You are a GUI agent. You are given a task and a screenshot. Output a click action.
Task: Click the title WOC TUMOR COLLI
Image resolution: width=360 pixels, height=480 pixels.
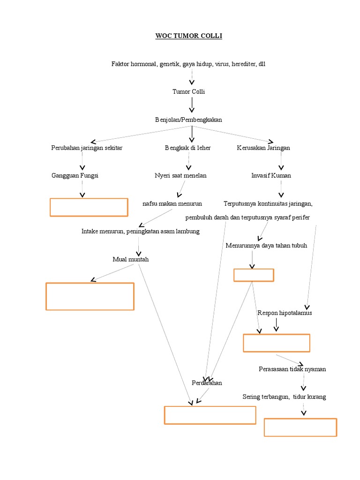188,37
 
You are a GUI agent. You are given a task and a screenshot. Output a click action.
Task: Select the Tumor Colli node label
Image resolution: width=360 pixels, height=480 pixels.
188,91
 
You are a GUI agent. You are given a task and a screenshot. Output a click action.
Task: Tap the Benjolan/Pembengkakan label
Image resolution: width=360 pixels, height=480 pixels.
188,120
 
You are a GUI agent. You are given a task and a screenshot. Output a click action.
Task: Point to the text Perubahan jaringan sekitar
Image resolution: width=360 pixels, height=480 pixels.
87,148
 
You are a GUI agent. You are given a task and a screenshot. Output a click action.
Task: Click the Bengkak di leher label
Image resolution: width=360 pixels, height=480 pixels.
187,148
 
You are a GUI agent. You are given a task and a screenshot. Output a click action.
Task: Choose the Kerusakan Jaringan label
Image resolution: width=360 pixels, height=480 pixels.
263,148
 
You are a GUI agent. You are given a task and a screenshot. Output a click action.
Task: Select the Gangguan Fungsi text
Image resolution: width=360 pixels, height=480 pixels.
75,175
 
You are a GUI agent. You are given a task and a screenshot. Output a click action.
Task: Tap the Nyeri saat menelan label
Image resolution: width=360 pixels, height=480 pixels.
180,175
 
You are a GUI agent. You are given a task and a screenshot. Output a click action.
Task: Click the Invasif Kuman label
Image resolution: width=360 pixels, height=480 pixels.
271,175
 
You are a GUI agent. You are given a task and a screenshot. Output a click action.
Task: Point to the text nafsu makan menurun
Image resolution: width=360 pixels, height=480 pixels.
172,203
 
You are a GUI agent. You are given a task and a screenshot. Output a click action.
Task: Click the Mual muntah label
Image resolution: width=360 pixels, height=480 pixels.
131,259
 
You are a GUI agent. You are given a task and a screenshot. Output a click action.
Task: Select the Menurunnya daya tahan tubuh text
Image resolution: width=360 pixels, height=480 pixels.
266,245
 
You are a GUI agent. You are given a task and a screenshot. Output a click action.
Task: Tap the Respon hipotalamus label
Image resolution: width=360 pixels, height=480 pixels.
285,313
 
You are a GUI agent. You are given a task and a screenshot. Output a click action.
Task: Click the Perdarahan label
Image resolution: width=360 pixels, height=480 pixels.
207,383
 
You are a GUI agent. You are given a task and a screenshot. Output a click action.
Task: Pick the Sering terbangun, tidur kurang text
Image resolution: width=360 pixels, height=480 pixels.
284,397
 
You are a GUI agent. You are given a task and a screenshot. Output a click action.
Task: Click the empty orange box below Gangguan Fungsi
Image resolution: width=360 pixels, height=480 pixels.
89,207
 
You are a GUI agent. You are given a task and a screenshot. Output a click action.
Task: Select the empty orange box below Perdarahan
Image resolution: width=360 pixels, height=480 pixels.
210,415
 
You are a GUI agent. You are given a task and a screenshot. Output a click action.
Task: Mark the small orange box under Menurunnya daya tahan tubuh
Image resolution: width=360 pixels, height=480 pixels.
254,275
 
